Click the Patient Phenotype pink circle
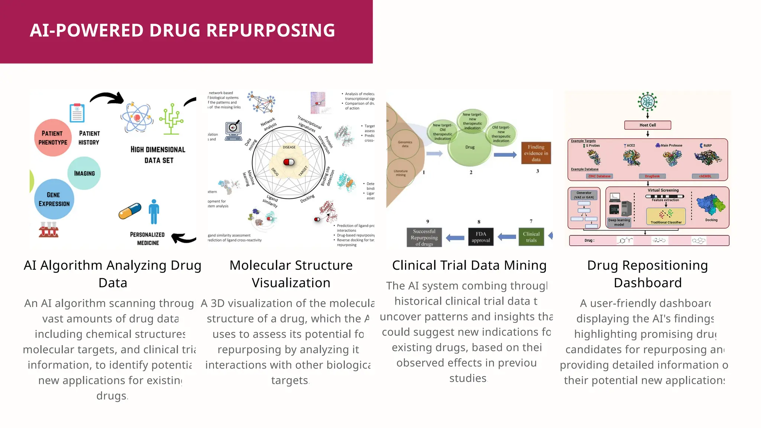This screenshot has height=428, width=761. [53, 138]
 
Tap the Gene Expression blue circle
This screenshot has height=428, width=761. [54, 200]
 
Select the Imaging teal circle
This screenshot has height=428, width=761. [84, 173]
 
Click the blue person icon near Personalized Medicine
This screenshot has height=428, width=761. [154, 212]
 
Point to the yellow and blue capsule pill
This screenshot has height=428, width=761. [130, 211]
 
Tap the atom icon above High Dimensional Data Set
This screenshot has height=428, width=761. [137, 117]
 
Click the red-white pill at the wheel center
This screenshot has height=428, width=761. [289, 162]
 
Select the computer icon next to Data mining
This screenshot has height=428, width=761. [233, 131]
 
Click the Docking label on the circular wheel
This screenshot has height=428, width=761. [307, 199]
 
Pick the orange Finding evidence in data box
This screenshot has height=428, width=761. [536, 153]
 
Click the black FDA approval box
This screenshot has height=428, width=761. [480, 237]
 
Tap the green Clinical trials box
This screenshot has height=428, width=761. [531, 237]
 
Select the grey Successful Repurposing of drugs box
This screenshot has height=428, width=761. [424, 237]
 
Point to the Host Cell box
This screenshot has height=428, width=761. [647, 125]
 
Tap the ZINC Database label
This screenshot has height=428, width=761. [599, 176]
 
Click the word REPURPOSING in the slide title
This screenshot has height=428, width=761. [271, 30]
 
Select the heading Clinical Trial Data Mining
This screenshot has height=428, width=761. [469, 265]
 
